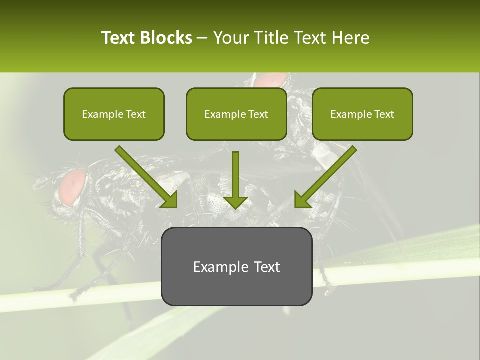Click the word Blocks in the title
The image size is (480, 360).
(x=166, y=38)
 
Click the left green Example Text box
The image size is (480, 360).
(x=114, y=114)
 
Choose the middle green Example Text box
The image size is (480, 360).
(x=236, y=114)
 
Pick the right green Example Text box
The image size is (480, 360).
(x=362, y=114)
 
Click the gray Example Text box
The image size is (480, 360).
(x=236, y=266)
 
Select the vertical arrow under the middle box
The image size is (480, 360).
(x=235, y=180)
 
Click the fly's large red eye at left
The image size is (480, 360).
(x=73, y=187)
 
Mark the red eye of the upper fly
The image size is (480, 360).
(x=270, y=80)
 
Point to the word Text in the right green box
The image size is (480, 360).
(x=383, y=114)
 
